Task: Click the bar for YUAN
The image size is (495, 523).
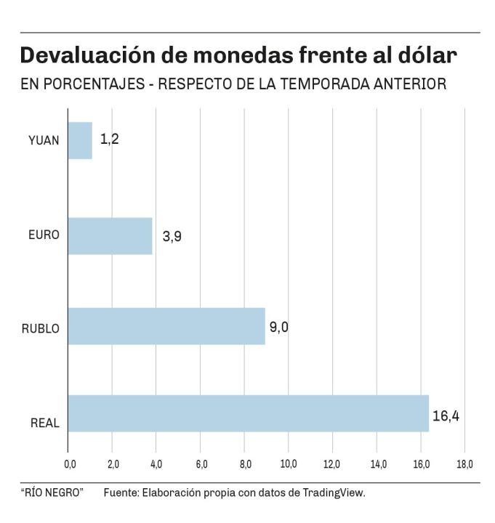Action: point(80,140)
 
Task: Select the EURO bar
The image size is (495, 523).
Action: point(110,235)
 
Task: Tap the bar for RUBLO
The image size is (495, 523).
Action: point(166,325)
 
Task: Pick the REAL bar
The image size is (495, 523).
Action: point(248,413)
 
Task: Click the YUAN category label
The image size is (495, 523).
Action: point(44,141)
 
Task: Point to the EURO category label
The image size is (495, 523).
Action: point(44,235)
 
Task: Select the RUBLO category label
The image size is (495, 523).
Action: point(41,328)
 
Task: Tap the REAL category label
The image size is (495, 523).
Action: point(45,423)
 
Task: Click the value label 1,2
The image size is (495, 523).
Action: point(109,139)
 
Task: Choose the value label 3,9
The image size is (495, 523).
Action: point(172,236)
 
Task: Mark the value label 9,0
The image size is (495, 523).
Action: point(279,327)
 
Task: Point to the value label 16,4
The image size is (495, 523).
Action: point(447,416)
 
